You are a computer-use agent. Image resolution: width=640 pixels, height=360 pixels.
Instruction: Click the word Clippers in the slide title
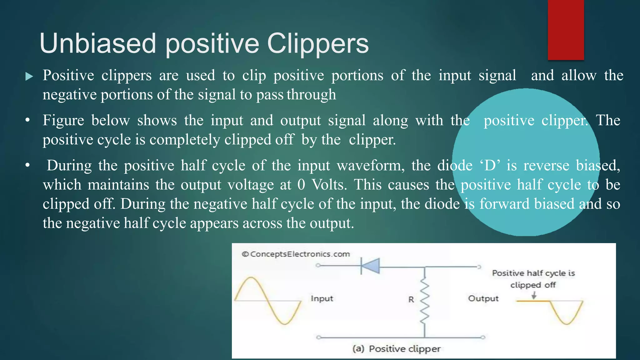coord(318,44)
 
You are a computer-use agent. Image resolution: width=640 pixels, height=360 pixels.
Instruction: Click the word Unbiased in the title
coord(97,44)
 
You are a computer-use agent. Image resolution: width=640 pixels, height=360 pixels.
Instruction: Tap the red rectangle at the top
coord(566,30)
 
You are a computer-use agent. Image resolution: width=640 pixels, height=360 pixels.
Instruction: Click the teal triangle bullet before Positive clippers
coord(29,76)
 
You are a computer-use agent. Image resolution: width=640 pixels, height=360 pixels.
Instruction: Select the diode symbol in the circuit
coord(370,266)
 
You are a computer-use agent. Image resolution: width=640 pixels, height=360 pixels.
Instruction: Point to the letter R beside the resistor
coord(411,300)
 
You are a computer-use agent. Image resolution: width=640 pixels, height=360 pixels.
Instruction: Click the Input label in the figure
coord(322,298)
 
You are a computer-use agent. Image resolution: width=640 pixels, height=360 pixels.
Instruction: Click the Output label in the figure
coord(483,298)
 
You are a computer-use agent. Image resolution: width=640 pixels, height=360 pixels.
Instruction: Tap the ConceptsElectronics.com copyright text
coord(296,254)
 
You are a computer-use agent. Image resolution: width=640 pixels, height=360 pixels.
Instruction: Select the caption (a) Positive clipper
coord(396,348)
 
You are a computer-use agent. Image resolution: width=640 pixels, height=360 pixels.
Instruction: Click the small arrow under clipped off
coord(534,295)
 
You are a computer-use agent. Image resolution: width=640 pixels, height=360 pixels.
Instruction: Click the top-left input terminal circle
coord(318,266)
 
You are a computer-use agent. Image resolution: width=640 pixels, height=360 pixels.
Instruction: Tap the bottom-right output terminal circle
coord(483,337)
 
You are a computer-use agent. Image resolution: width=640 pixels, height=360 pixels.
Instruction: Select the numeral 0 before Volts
coord(301,185)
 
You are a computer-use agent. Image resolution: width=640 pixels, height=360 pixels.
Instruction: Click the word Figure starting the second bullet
coord(63,121)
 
